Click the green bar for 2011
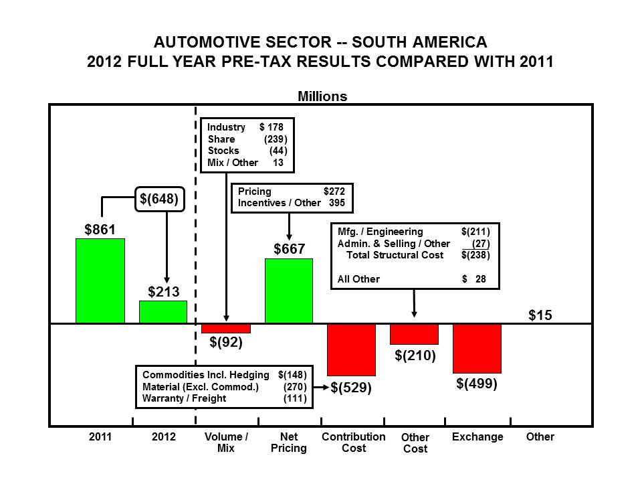click(100, 281)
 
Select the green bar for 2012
click(163, 313)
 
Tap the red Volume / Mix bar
click(226, 329)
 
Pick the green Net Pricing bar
click(289, 291)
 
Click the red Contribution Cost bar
click(352, 349)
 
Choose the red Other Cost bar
click(414, 334)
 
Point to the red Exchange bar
click(477, 348)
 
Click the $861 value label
click(100, 230)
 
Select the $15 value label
click(540, 315)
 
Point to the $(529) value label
click(351, 388)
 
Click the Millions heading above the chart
click(322, 96)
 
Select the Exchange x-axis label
click(477, 437)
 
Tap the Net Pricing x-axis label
click(289, 443)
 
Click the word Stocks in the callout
click(223, 151)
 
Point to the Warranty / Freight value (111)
click(295, 398)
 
